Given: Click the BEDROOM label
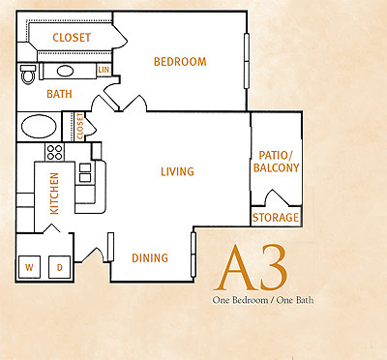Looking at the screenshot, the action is coord(180,62).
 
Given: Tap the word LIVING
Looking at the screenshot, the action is coord(177,171).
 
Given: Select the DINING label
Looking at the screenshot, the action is coord(150,257).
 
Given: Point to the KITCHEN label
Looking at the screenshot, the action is coord(54,194).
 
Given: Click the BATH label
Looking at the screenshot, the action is coord(59,94).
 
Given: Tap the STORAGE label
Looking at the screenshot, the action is coord(276,218).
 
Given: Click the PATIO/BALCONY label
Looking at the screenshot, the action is coord(276,162).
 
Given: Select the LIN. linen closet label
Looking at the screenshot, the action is coord(104,70).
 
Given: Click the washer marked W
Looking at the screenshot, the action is coord(29,267).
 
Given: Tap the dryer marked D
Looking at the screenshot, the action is coord(59,267).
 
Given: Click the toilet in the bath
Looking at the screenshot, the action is coord(28,75).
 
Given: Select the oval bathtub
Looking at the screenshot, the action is coord(39,127).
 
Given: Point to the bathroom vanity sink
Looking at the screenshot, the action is coord(65,71).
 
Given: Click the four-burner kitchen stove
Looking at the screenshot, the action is coord(54,152).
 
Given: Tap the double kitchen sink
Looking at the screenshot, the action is coord(85,173).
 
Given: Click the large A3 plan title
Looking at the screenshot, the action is coord(251,268).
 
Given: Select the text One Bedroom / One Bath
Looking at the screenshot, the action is coord(263,300).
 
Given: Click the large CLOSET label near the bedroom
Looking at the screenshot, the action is coord(72,38).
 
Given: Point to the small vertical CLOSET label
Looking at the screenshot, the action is coord(79,126).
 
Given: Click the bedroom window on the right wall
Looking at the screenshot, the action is coord(247,61).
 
